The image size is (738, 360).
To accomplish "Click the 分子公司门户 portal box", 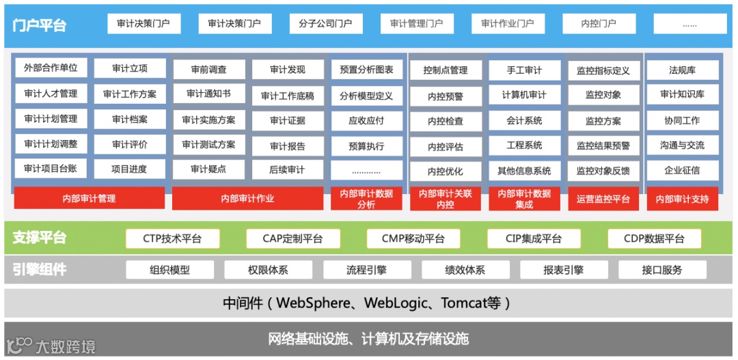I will click(x=325, y=24).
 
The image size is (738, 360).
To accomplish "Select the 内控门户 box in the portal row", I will click(x=599, y=24).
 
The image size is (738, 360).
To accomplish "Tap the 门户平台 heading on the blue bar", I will click(x=40, y=25).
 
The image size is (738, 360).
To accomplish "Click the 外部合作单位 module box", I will click(x=51, y=68).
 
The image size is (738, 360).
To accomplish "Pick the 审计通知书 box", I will click(x=208, y=94).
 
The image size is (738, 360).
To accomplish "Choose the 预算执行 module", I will click(x=366, y=146).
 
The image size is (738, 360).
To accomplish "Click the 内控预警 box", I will click(x=446, y=96).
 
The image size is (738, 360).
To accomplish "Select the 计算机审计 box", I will click(x=524, y=95).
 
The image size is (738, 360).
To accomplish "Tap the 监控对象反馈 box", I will click(x=603, y=171).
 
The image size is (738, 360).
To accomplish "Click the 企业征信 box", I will click(x=682, y=170).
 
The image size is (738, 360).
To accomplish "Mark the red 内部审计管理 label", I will click(x=90, y=199).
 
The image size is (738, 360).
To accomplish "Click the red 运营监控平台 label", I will click(x=603, y=199).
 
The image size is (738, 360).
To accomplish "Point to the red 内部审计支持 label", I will click(x=682, y=199).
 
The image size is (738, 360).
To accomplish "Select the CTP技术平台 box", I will click(x=173, y=238).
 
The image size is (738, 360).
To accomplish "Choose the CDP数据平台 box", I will click(x=654, y=238).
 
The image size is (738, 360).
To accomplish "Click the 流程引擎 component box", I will click(x=366, y=270).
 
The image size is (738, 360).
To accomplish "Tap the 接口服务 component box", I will click(x=662, y=270).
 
